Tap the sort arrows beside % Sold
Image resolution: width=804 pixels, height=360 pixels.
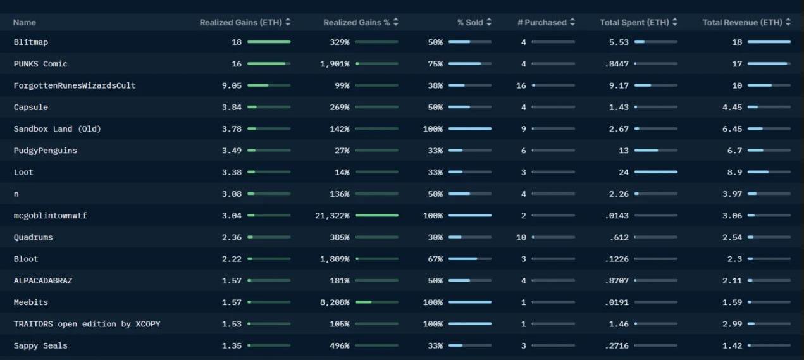[489, 22]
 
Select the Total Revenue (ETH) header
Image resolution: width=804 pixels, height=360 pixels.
[742, 22]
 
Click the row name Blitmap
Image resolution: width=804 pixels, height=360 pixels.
[30, 42]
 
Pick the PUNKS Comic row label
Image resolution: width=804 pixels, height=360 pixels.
[40, 64]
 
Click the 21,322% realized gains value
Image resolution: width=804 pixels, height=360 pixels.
[331, 216]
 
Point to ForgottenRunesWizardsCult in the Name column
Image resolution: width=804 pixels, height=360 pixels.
[75, 85]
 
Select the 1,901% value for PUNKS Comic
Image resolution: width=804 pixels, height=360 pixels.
[335, 64]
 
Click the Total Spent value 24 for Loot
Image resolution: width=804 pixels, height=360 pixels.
[624, 172]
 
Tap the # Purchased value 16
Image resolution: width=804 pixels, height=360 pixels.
[521, 85]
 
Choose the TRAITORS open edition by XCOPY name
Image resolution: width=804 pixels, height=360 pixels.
[87, 324]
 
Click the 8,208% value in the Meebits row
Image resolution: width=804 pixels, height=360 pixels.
[335, 302]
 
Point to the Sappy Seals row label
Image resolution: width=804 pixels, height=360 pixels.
[40, 345]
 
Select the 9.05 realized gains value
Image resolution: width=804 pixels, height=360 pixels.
[232, 85]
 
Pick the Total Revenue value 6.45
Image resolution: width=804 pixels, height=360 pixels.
[732, 129]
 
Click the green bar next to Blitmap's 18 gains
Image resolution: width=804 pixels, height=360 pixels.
[269, 42]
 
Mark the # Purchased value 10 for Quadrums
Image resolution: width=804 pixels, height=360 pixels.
[521, 237]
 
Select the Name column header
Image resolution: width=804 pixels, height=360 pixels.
[24, 22]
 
